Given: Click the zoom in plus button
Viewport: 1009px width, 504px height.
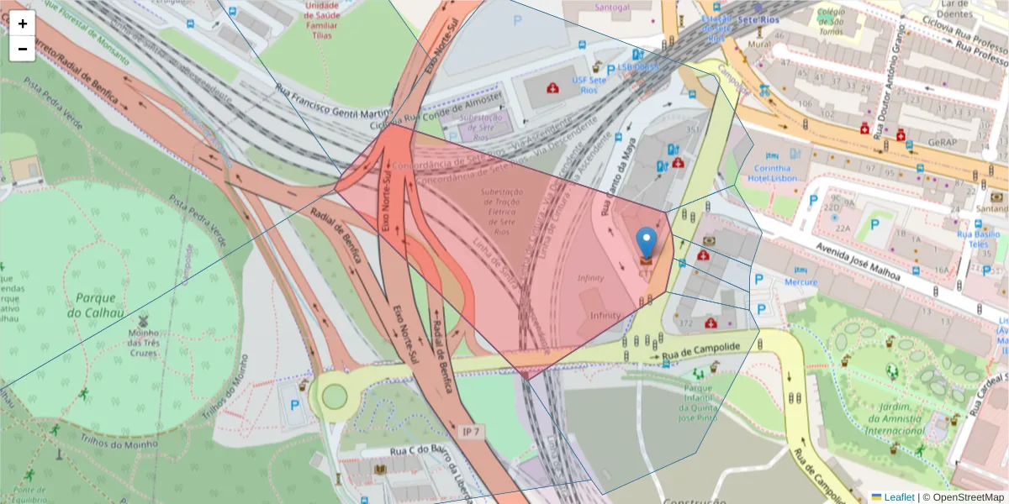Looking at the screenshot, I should [x=23, y=24].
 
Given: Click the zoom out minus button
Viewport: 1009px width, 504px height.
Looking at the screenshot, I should [x=23, y=49].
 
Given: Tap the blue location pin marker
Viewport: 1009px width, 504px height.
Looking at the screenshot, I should [x=646, y=244].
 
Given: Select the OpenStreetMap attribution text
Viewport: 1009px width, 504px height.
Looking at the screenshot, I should [x=963, y=497].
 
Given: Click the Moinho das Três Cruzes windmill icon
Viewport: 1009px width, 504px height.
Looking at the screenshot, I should [x=142, y=320].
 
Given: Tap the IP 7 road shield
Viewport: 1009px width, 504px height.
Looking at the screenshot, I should [x=473, y=432].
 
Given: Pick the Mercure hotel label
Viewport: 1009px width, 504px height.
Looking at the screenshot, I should [x=800, y=282].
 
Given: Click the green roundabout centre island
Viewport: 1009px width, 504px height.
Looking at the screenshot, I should [x=335, y=395].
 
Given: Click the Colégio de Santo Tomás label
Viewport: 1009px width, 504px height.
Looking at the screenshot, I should [x=830, y=22].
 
